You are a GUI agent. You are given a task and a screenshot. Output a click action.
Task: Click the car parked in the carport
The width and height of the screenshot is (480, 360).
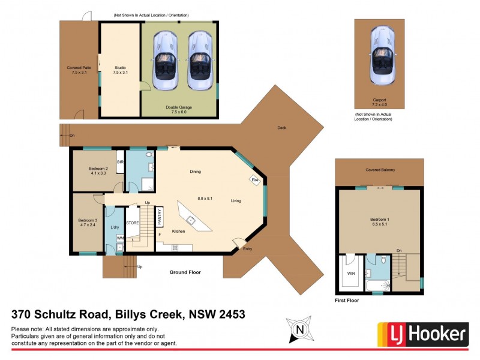click(x=383, y=55)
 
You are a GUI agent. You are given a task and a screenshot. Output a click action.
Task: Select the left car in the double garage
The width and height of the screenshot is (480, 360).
click(x=164, y=61)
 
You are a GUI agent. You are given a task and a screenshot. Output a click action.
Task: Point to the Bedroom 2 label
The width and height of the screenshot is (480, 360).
click(x=98, y=171)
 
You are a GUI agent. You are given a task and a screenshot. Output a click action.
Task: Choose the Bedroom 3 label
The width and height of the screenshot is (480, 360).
click(x=88, y=223)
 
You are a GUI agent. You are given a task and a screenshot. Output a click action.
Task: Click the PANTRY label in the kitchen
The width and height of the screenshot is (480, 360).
click(x=160, y=216)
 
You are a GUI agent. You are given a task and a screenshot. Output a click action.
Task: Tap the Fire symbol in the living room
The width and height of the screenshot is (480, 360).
click(x=254, y=180)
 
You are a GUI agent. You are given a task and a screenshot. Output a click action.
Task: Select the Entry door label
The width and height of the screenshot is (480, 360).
click(x=248, y=249)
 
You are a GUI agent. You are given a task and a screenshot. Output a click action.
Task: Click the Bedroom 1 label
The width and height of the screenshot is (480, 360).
click(x=379, y=222)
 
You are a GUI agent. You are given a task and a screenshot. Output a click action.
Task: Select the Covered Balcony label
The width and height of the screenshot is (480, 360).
click(x=380, y=170)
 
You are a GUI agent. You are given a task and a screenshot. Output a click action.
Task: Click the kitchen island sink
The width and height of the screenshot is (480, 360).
click(x=190, y=220)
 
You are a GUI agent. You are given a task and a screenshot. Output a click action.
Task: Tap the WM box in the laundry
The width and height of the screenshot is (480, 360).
click(x=120, y=239)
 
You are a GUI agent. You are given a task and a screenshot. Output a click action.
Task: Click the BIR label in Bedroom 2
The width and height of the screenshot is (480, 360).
click(x=121, y=163)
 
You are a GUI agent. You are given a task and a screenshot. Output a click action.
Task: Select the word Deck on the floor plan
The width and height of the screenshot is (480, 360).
click(x=281, y=128)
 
